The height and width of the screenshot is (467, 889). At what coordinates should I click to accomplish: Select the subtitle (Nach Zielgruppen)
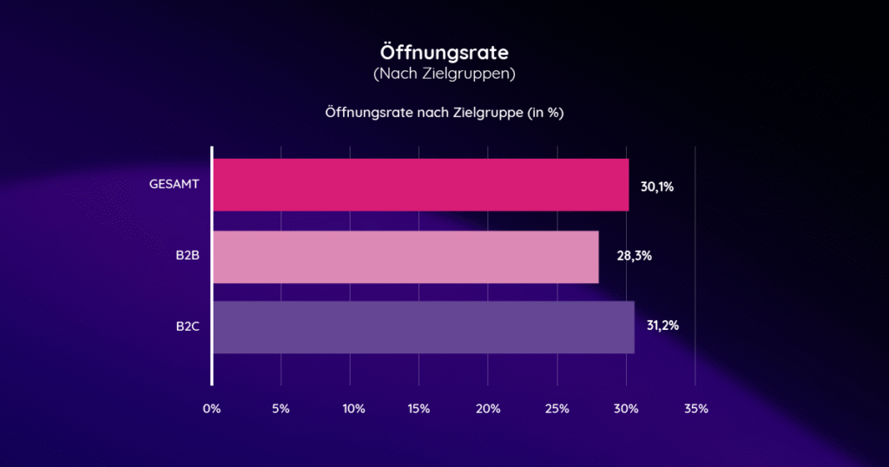tap(444, 75)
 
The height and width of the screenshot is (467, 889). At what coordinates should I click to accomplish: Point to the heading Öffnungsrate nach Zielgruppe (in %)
tap(444, 113)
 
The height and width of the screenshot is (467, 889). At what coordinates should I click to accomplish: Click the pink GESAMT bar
tap(421, 185)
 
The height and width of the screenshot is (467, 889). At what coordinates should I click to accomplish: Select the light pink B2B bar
tap(405, 257)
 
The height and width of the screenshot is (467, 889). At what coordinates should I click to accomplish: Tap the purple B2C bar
tap(424, 327)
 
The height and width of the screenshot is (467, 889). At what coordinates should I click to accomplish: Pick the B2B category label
tap(188, 256)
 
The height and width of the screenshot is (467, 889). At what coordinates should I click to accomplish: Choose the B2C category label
tap(188, 327)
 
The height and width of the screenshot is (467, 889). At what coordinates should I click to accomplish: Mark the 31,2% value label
tap(662, 326)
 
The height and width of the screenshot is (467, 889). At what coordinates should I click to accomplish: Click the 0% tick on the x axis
tap(212, 408)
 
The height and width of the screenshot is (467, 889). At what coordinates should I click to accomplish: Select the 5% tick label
tap(280, 408)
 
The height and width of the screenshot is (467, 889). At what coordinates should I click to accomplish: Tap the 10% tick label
tap(349, 408)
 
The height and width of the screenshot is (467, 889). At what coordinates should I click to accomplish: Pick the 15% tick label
tap(418, 408)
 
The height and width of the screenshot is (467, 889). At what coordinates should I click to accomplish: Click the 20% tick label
tap(488, 408)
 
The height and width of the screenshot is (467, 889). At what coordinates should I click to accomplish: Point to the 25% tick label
tap(556, 408)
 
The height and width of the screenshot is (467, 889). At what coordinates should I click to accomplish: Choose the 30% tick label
tap(626, 408)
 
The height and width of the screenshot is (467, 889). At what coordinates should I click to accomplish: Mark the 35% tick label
tap(695, 408)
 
